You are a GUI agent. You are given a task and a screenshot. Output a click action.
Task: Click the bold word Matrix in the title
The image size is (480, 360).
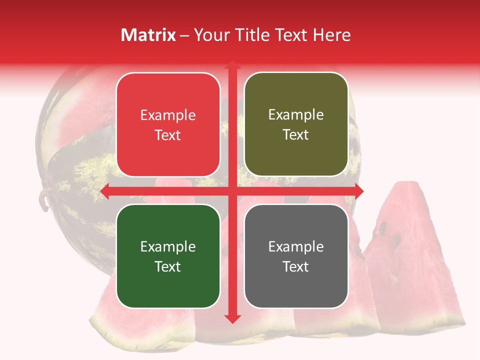click(x=148, y=35)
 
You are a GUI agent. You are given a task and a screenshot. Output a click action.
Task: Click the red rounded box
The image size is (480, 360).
click(x=168, y=124)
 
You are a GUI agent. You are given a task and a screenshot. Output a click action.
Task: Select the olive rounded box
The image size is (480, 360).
click(x=296, y=124)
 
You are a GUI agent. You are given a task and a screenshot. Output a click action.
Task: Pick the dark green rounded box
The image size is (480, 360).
click(x=168, y=256)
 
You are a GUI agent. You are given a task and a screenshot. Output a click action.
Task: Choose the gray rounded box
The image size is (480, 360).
click(x=296, y=256)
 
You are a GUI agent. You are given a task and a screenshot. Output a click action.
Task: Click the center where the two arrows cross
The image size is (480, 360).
click(x=232, y=191)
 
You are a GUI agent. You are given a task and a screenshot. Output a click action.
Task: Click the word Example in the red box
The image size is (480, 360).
click(x=168, y=115)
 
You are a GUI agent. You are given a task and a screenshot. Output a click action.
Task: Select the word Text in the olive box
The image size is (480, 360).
click(x=296, y=135)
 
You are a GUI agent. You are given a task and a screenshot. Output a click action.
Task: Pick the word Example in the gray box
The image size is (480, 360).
click(x=296, y=246)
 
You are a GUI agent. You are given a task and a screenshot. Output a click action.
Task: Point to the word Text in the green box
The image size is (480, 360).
click(x=168, y=266)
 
